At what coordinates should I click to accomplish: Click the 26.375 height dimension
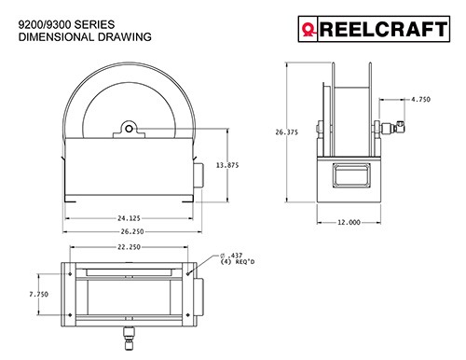[x=286, y=132]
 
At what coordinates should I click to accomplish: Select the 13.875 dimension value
[x=227, y=165]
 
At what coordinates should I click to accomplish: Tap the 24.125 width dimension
[x=129, y=218]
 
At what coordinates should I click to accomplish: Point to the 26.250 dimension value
[x=132, y=231]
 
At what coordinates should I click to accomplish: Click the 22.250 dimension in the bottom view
[x=129, y=247]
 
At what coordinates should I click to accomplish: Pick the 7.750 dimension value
[x=39, y=294]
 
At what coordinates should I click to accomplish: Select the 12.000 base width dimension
[x=349, y=222]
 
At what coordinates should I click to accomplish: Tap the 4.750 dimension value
[x=421, y=100]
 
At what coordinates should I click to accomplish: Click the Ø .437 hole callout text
[x=231, y=256]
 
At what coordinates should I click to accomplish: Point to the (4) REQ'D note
[x=238, y=262]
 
